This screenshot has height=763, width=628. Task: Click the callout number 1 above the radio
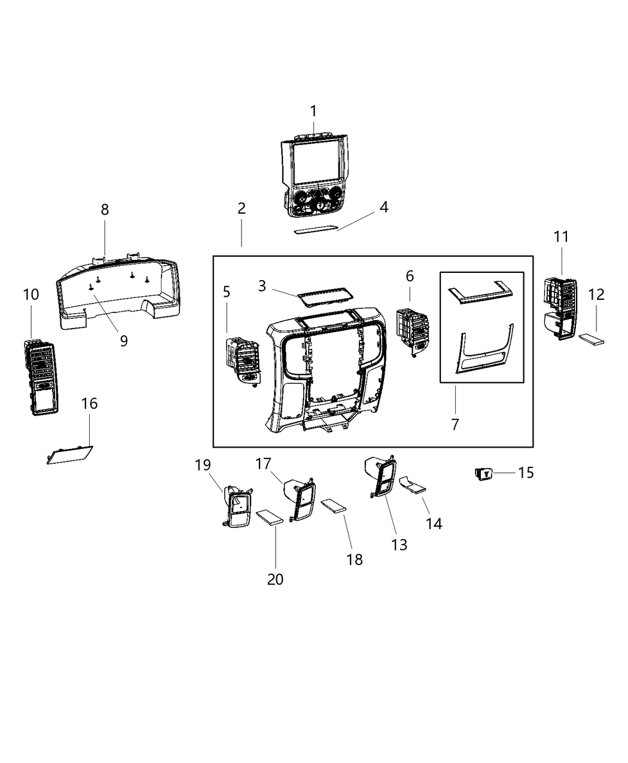pyautogui.click(x=313, y=111)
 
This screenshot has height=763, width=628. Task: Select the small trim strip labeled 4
pyautogui.click(x=316, y=231)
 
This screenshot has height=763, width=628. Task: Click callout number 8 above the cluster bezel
pyautogui.click(x=105, y=209)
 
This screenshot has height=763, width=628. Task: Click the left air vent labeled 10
pyautogui.click(x=40, y=377)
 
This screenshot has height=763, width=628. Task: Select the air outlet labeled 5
pyautogui.click(x=242, y=360)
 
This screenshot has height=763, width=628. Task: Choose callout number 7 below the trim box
pyautogui.click(x=455, y=424)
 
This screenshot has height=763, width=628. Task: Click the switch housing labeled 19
pyautogui.click(x=238, y=506)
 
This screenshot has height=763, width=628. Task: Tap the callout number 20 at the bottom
pyautogui.click(x=275, y=579)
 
